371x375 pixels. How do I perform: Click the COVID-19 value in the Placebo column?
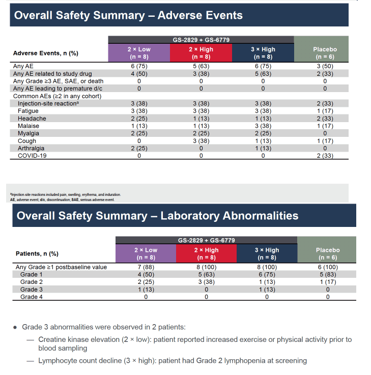tap(325, 156)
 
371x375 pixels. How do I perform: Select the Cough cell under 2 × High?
tap(201, 141)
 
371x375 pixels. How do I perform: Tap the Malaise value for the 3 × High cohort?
tap(263, 126)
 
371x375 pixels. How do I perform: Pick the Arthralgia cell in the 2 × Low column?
tap(139, 148)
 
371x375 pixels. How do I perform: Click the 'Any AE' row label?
tap(23, 66)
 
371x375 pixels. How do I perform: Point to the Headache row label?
tap(32, 119)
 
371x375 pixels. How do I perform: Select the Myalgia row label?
tap(28, 133)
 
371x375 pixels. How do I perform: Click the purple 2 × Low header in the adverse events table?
tap(139, 53)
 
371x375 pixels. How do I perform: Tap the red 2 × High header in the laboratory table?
tap(206, 253)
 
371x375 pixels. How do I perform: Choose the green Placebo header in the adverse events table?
tap(321, 49)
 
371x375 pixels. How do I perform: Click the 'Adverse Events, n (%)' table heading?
tap(46, 53)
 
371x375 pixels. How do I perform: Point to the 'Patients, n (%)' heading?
tap(37, 253)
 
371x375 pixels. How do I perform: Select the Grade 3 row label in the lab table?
tap(32, 290)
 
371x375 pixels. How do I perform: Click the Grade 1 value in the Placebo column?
tap(328, 274)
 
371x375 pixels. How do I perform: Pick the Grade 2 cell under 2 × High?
tap(206, 282)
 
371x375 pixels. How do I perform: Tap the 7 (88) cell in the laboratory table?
tap(146, 267)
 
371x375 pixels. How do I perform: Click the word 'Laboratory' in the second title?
tap(190, 216)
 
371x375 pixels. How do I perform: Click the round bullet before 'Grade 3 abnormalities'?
tap(15, 327)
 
